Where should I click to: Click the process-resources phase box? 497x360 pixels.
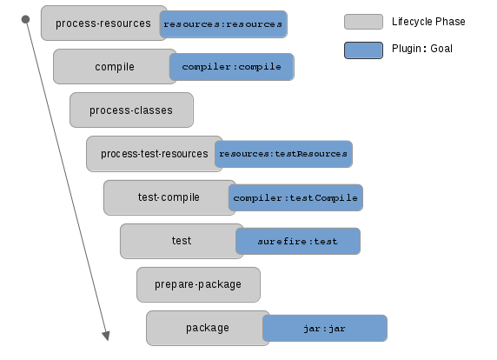point(101,23)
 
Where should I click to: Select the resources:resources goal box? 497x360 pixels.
point(223,24)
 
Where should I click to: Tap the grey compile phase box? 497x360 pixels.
point(112,67)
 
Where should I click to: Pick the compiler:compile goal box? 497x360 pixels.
point(232,67)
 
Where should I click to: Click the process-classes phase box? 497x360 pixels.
point(131,110)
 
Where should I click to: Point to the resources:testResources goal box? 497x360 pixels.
point(283,154)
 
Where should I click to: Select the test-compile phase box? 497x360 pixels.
point(167,197)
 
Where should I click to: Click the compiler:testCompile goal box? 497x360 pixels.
point(295,197)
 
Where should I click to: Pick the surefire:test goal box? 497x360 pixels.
point(298,241)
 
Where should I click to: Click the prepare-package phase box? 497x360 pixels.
point(198,284)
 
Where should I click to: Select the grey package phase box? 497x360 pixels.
point(205,328)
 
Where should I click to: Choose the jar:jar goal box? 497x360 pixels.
point(325,329)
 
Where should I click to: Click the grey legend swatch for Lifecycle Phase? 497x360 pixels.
point(363,22)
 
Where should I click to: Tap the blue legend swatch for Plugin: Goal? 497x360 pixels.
point(363,50)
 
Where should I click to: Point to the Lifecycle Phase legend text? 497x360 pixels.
point(428,22)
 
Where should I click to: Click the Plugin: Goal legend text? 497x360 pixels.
point(422,49)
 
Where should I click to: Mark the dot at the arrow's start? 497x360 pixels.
point(26,19)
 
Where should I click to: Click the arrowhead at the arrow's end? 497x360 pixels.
point(106,336)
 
